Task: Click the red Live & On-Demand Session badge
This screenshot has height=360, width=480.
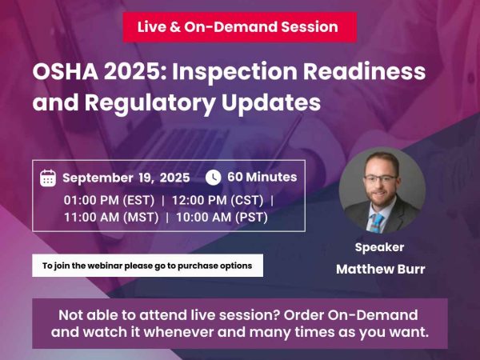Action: (238, 27)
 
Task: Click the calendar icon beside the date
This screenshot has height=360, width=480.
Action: (47, 178)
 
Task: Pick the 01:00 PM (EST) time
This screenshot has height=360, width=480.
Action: (110, 199)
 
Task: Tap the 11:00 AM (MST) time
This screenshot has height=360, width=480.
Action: (110, 216)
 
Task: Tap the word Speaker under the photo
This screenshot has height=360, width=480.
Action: (379, 247)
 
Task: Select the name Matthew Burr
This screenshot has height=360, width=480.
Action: (380, 269)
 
